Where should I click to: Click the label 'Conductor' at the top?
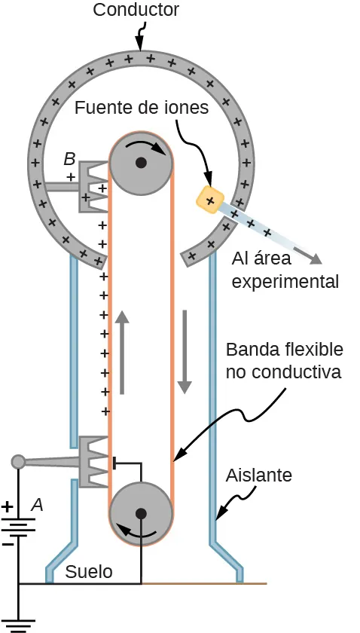point(136,10)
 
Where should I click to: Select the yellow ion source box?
point(210,199)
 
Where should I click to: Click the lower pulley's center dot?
point(141,513)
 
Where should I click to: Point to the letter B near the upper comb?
point(69,159)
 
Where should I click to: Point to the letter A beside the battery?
point(36,506)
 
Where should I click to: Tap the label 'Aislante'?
point(258,476)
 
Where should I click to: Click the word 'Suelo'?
point(89,572)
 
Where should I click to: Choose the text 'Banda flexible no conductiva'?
point(284,361)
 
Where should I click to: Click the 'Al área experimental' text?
point(285,271)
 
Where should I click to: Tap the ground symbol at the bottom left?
point(18,624)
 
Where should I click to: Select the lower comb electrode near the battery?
point(93,460)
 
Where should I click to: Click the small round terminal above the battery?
point(18,461)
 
